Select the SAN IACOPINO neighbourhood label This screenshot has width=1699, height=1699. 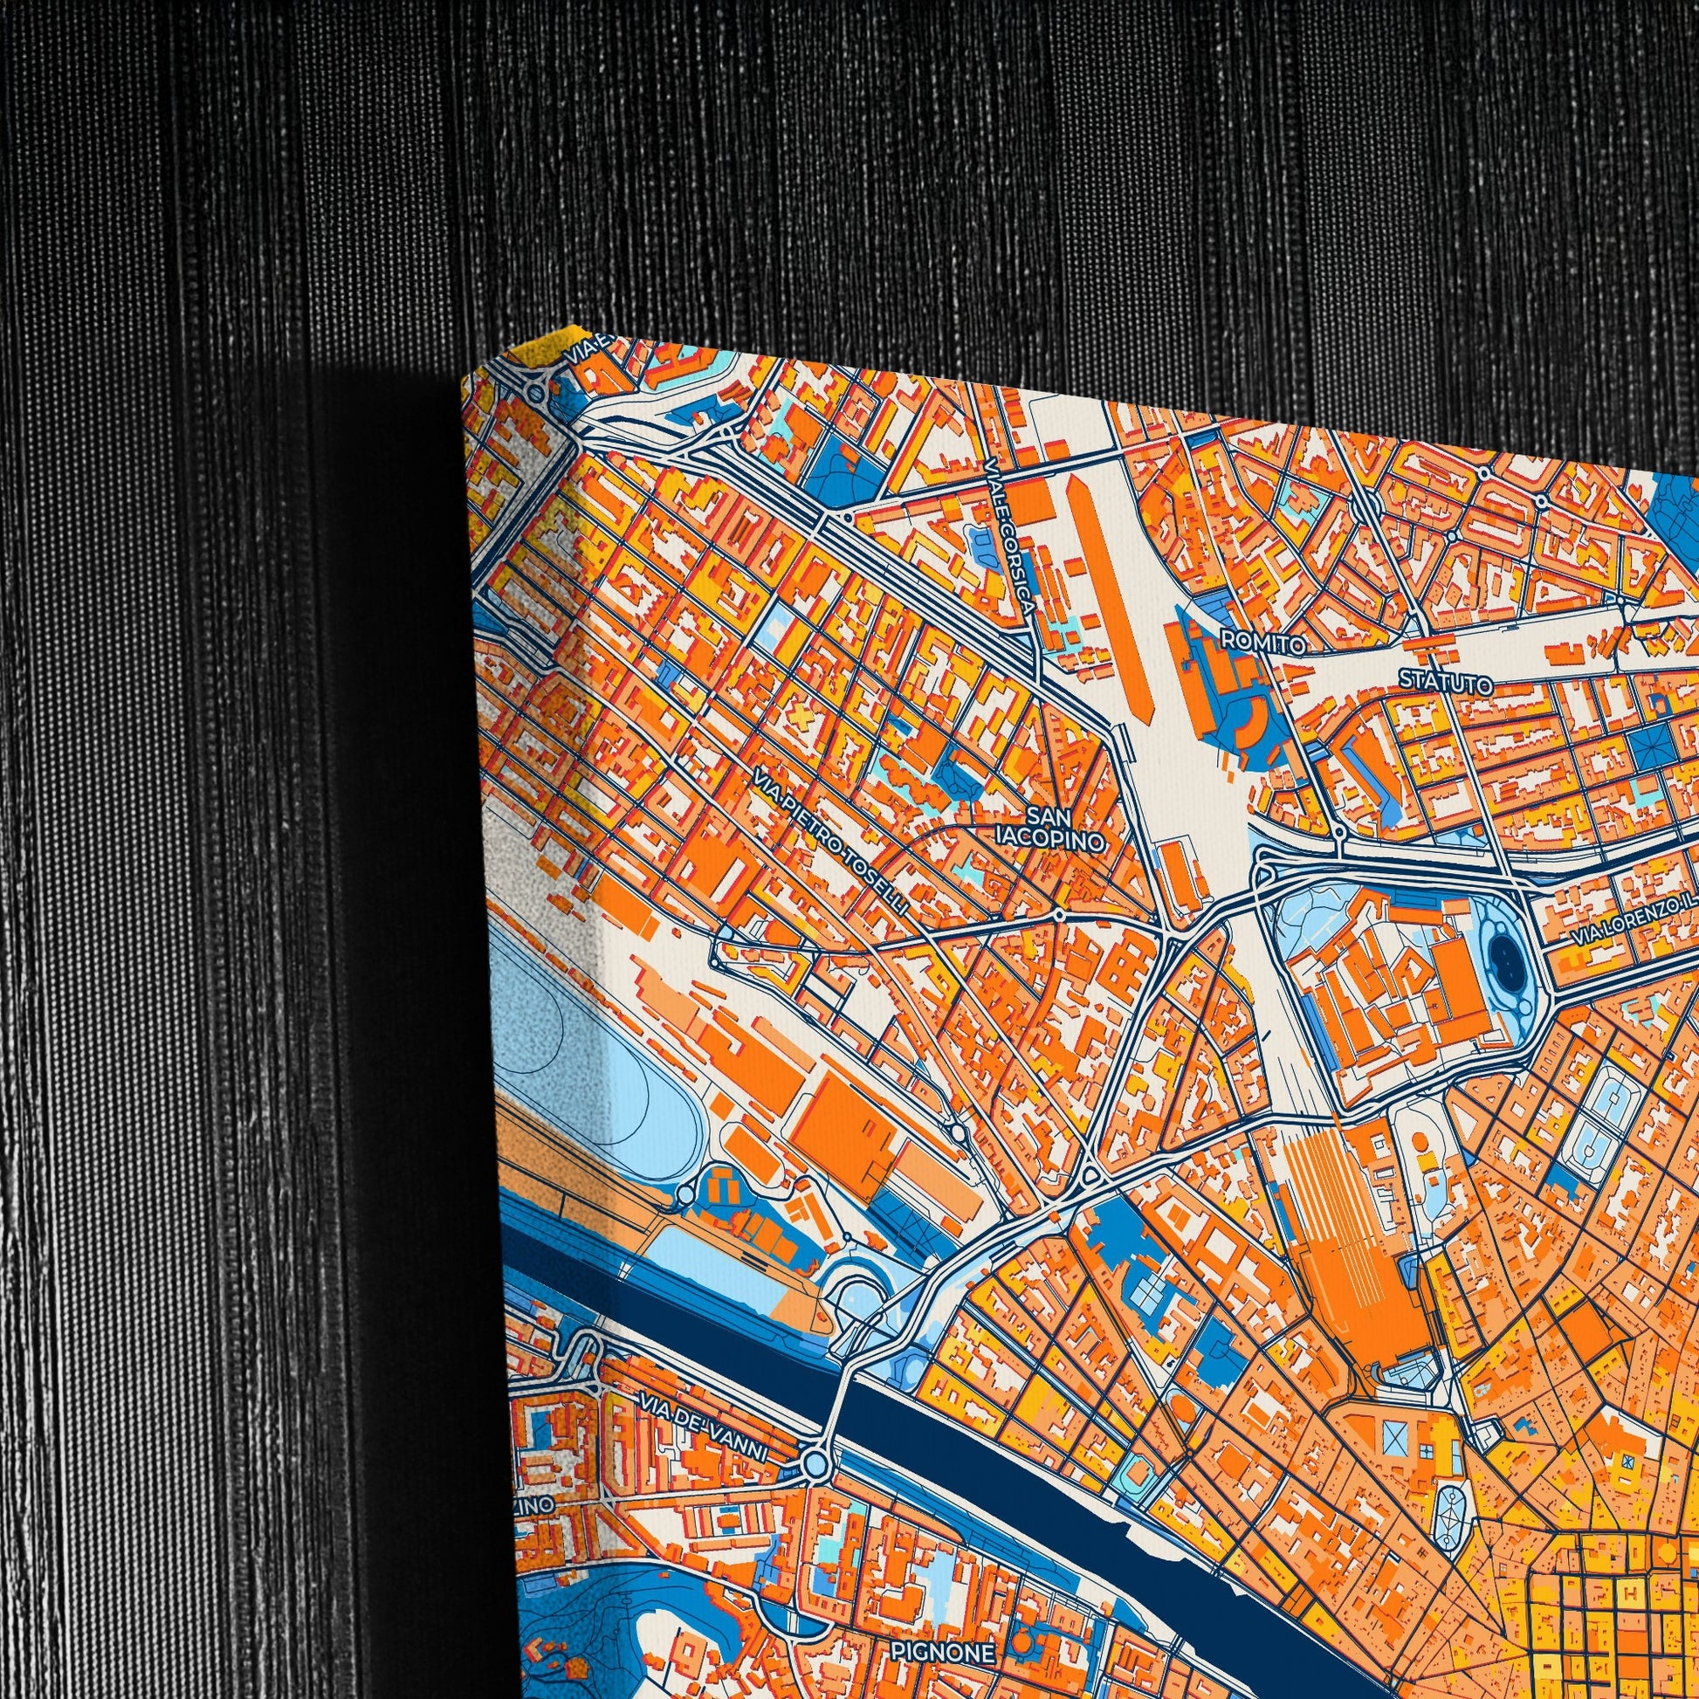tap(1053, 829)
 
